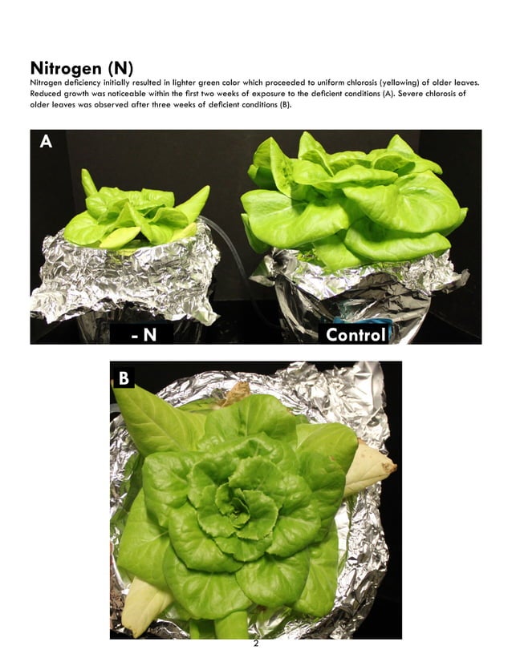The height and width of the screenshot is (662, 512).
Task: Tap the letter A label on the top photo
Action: coord(46,142)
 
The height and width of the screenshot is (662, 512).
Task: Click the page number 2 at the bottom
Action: coord(255,646)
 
